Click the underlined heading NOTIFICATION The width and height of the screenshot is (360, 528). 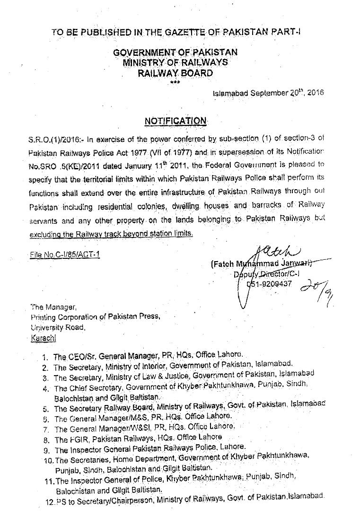pyautogui.click(x=176, y=121)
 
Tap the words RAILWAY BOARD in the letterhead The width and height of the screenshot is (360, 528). pyautogui.click(x=176, y=73)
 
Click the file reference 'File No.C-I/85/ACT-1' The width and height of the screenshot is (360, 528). pyautogui.click(x=65, y=255)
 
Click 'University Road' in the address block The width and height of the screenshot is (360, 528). pyautogui.click(x=56, y=327)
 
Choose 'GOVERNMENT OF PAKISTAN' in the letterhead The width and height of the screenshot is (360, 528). pyautogui.click(x=176, y=53)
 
